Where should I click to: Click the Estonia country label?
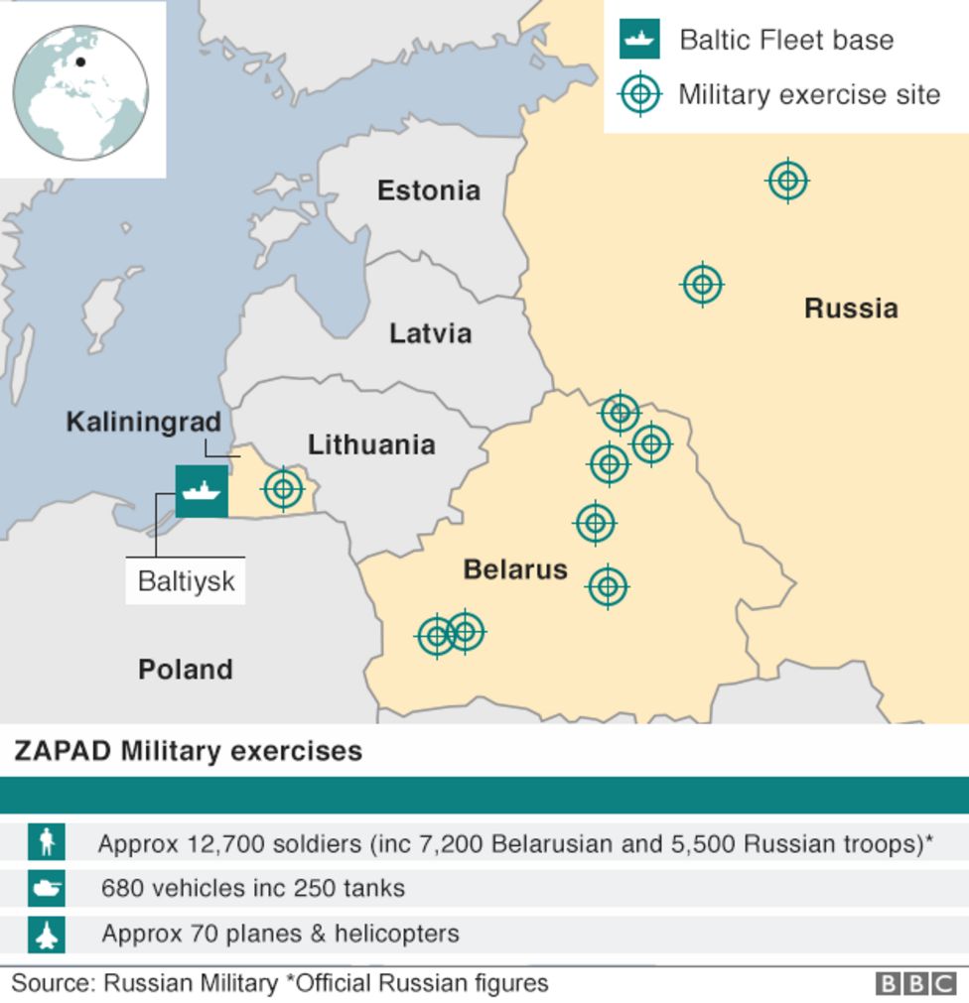coord(428,190)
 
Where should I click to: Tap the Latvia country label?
coord(430,333)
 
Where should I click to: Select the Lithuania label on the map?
coord(371,444)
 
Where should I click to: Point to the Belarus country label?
coord(515,569)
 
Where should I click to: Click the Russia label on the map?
coord(851,309)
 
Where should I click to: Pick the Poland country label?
coord(186,670)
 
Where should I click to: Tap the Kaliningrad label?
coord(143,422)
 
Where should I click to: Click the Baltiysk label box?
coord(186,580)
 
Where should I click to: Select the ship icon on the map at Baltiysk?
coord(202,490)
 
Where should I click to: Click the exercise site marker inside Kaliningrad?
coord(283,488)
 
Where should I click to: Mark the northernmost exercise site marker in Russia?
coord(787,181)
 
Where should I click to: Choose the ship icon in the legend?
coord(639,40)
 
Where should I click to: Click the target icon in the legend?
coord(639,95)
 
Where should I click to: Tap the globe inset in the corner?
coord(81,92)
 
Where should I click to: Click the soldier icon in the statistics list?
coord(46,842)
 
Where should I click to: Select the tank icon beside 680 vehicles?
coord(46,888)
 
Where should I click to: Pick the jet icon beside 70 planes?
coord(46,934)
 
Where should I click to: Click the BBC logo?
coord(915,983)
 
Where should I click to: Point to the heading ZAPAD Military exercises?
coord(188,751)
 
